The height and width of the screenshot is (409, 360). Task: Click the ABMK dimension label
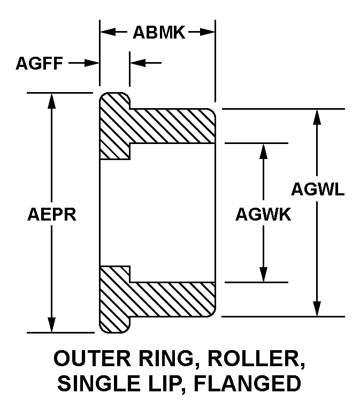coord(158,33)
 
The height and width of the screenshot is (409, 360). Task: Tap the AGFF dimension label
coord(40,64)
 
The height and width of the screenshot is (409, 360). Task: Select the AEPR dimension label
coord(51,214)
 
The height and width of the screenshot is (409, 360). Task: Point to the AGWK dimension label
coord(263,215)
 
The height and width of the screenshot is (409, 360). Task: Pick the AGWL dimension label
coord(318,189)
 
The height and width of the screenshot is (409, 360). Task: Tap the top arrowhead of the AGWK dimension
coord(263,150)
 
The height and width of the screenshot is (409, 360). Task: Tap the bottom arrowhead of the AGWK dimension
coord(263,275)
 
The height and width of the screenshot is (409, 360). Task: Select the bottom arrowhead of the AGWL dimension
coord(318,309)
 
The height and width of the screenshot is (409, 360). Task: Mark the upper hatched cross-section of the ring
coord(160,126)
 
